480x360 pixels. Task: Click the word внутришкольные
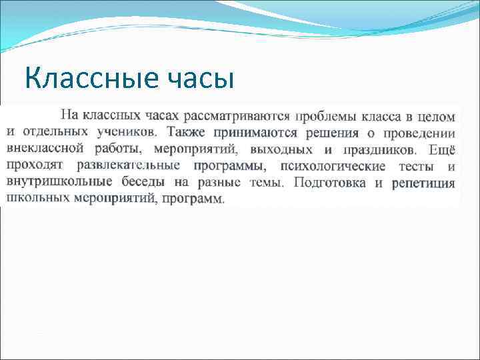(60, 181)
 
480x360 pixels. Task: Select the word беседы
(146, 181)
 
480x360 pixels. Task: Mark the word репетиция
(423, 181)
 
